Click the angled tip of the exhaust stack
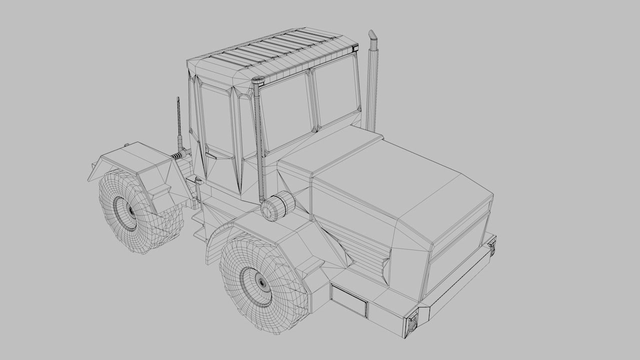pos(372,36)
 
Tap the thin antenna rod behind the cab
pos(178,120)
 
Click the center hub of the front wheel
pos(261,283)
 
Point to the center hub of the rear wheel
pos(131,210)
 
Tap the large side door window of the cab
pos(216,120)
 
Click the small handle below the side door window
pos(211,155)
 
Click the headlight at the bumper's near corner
pos(412,322)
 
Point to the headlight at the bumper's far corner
pos(492,247)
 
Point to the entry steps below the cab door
pos(199,222)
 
